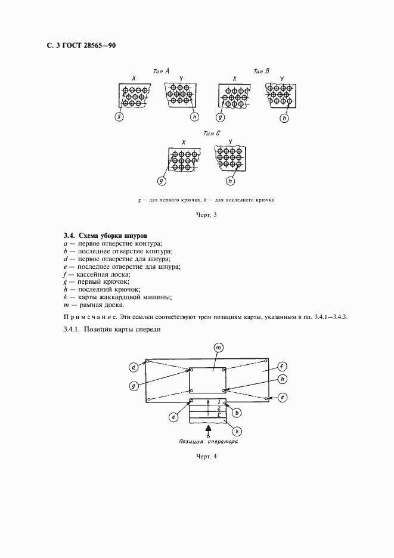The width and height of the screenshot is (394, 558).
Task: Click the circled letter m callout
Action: [218, 348]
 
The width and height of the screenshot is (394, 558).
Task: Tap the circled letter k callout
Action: [237, 430]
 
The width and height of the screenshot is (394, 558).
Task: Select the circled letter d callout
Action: [134, 366]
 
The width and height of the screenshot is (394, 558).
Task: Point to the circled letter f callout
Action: [283, 366]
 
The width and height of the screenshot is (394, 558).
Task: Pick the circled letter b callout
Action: [237, 411]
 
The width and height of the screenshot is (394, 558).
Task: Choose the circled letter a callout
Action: [173, 417]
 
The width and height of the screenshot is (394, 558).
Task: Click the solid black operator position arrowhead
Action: [207, 429]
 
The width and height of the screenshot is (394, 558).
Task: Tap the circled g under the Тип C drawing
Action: [161, 180]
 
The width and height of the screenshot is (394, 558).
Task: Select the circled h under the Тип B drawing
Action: [284, 118]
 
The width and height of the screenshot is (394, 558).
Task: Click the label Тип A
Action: [162, 70]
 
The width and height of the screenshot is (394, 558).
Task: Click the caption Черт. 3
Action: [205, 215]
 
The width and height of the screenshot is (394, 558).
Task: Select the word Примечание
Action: [87, 316]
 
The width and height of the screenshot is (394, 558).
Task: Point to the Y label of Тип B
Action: [281, 77]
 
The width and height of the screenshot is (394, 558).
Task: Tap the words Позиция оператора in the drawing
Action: [207, 444]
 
